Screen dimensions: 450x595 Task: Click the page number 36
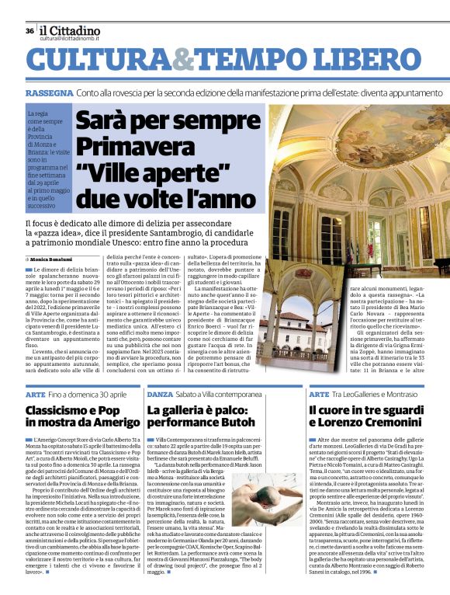point(29,31)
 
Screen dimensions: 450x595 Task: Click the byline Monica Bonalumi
point(54,258)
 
